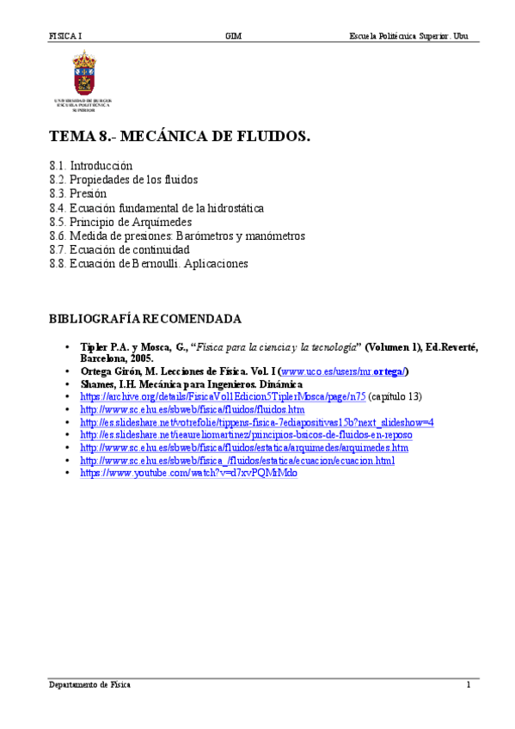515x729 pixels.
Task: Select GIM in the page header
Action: click(x=233, y=36)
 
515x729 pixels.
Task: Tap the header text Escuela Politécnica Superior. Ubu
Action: click(x=408, y=36)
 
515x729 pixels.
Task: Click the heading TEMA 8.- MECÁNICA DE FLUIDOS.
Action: click(x=179, y=136)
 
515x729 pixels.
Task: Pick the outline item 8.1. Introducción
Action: click(x=91, y=165)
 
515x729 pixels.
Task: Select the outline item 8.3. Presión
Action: click(x=78, y=193)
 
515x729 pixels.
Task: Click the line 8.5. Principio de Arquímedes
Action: click(x=120, y=222)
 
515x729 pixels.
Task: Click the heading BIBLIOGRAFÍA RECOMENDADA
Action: click(x=145, y=319)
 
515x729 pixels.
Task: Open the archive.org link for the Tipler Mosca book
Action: click(x=224, y=397)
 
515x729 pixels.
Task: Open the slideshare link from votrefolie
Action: click(x=256, y=422)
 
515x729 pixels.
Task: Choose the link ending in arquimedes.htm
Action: click(x=244, y=448)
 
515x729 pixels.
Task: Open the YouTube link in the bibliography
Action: click(x=189, y=473)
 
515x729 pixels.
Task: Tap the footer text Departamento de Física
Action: click(x=89, y=685)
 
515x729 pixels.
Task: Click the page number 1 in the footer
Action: click(x=469, y=685)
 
